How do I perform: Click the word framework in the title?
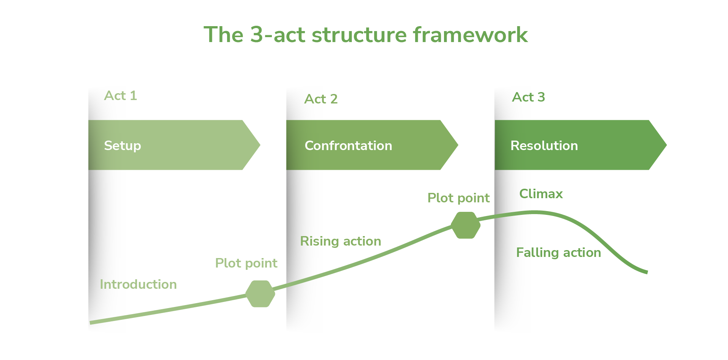470,35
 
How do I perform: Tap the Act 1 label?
121,95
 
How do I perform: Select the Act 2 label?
321,99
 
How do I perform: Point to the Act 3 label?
528,97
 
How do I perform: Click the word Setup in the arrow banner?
122,146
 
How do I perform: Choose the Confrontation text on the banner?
348,146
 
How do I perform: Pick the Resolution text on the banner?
544,146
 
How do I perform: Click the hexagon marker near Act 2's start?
260,294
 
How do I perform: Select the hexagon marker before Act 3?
466,225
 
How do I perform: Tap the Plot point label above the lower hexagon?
246,263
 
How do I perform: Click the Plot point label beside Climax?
458,198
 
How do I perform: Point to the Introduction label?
138,284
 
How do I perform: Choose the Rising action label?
340,241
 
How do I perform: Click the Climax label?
541,194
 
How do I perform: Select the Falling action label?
559,252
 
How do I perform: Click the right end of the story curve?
646,272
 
